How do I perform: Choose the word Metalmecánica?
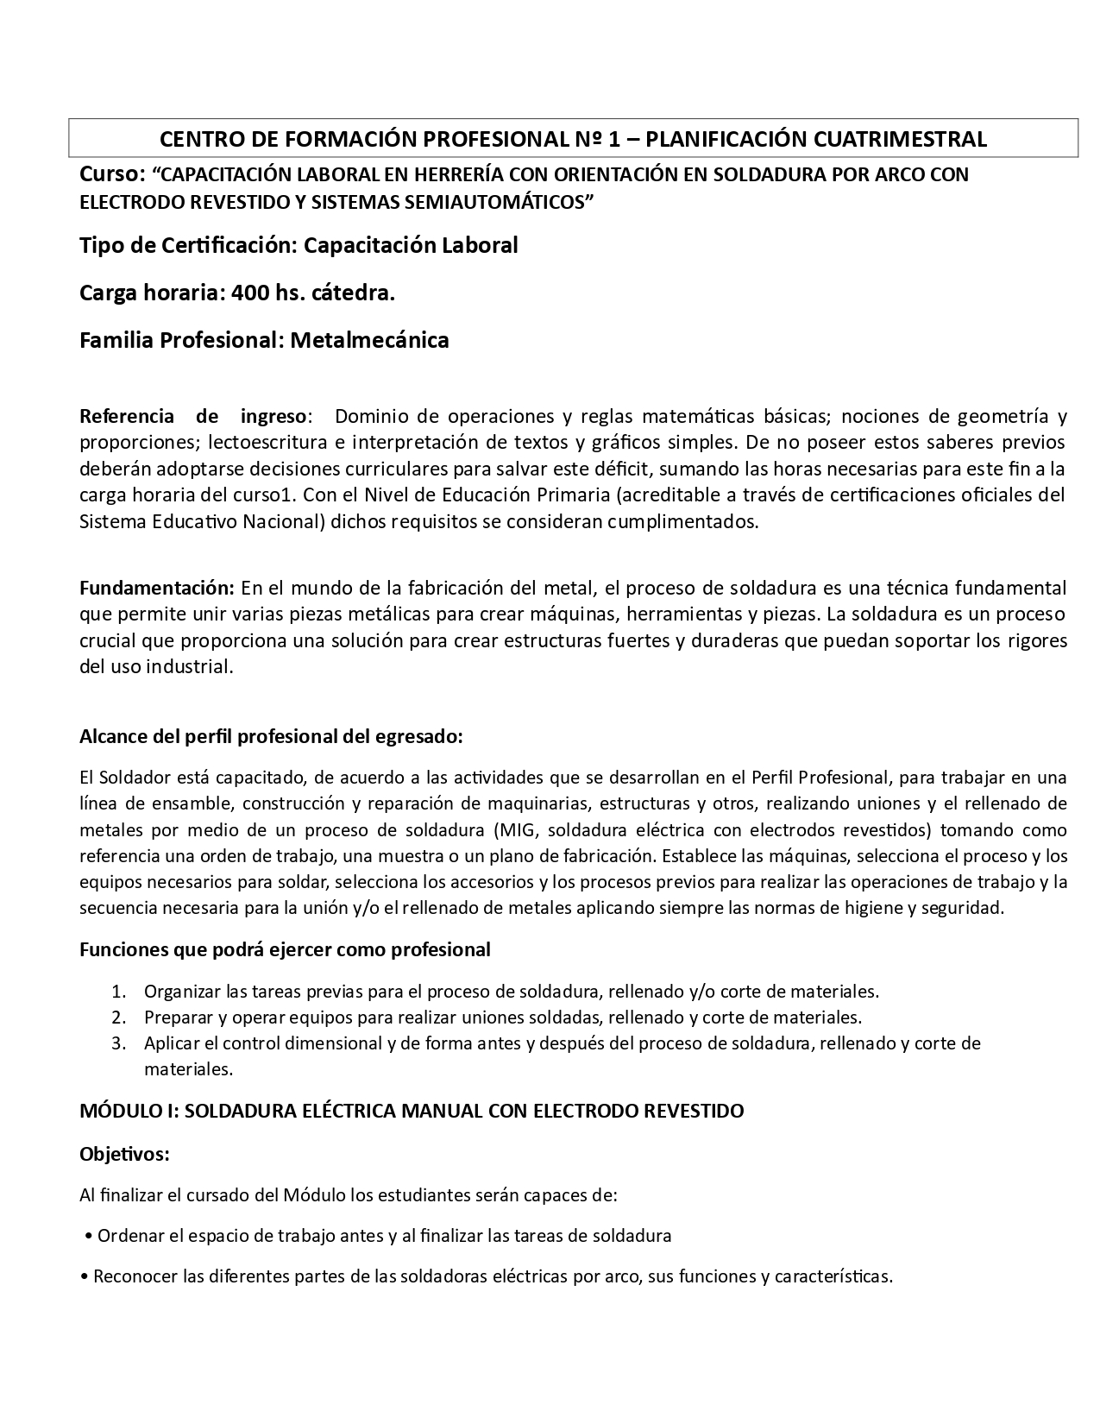tap(369, 340)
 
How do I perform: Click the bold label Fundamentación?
tap(157, 589)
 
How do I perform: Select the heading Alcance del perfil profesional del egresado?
tap(271, 736)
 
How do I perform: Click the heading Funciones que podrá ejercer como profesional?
tap(285, 949)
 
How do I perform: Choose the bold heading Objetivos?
tap(124, 1154)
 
